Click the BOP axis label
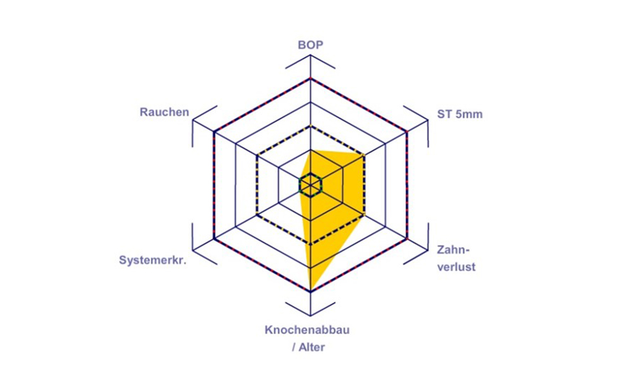(x=310, y=45)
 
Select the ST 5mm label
(x=459, y=114)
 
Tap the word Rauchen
(x=164, y=112)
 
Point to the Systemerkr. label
(x=152, y=260)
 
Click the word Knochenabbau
(x=307, y=330)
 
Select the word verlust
(x=456, y=267)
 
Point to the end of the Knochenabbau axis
(x=311, y=316)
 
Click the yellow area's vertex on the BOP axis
(x=311, y=150)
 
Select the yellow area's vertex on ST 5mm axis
(x=363, y=156)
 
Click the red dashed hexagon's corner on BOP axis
(x=311, y=79)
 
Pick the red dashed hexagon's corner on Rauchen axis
(x=214, y=131)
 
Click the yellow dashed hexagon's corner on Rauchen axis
(x=257, y=156)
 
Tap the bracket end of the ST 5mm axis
(x=428, y=120)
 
